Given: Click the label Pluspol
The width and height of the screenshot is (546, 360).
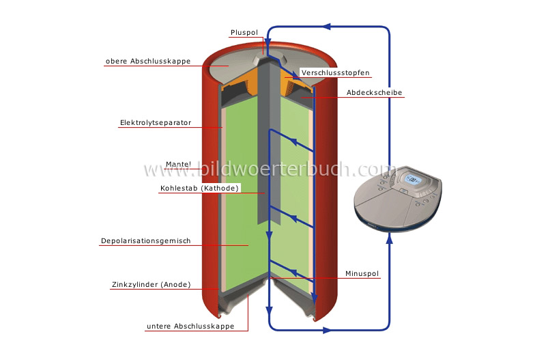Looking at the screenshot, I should (244, 31).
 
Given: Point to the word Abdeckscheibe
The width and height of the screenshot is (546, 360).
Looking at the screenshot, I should (374, 92).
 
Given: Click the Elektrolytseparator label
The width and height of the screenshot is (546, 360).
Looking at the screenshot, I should (155, 123).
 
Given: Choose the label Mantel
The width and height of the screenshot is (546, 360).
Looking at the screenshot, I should (178, 164).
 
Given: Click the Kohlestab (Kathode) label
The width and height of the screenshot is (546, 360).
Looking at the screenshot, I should (199, 187).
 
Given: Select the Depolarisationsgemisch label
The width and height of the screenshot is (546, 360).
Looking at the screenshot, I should (145, 241).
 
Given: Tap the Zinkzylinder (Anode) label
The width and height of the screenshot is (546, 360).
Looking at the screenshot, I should (151, 284).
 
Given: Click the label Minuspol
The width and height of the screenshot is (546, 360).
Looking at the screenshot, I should (363, 274).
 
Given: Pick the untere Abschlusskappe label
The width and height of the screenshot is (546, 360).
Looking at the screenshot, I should (190, 326).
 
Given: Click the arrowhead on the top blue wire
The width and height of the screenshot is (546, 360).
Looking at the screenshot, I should (326, 27).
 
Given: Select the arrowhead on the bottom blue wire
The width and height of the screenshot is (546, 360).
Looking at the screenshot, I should (327, 330).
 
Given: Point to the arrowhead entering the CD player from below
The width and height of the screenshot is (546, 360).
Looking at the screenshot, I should (390, 239).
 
